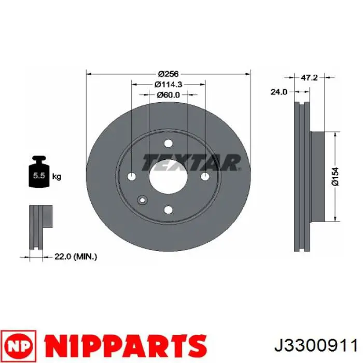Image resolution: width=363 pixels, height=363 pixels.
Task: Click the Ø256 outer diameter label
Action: pos(169,74)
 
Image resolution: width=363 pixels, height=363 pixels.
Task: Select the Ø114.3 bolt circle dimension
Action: pos(169,85)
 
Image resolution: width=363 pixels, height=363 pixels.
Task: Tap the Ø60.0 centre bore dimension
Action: pos(169,95)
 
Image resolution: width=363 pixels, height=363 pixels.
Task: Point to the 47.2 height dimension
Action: pos(309,78)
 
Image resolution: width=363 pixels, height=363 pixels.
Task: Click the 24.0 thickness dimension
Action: pos(279,92)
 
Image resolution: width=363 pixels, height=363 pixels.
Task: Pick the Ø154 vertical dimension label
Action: pos(335,176)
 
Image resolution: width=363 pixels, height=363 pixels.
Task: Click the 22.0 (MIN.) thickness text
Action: pos(76,257)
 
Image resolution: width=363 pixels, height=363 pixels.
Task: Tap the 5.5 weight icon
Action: pos(39,172)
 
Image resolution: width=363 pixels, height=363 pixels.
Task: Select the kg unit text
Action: pos(57,177)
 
